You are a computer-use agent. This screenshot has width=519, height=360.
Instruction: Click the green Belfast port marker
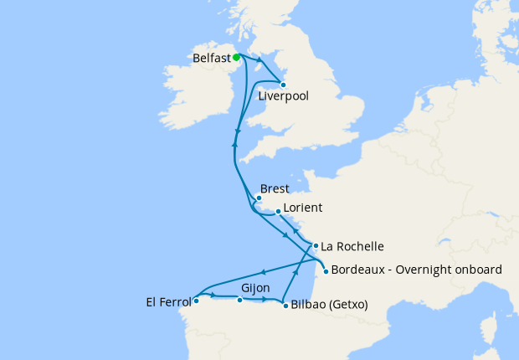pos(236,58)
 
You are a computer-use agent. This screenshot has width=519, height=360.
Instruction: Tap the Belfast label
pos(211,59)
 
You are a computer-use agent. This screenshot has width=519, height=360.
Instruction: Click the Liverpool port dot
pos(284,85)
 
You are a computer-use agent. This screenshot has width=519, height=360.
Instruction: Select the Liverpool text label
pos(283,96)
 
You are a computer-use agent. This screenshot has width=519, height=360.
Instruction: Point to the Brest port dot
pos(259,198)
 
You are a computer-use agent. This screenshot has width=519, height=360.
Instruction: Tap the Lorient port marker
pos(278,213)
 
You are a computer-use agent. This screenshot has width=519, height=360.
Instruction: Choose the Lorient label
pos(303,207)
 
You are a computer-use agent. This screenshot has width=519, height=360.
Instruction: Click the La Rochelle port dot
pos(316,246)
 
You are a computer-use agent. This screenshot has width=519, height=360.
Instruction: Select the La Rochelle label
pos(352,246)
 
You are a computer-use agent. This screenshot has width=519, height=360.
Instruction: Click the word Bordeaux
pos(360,270)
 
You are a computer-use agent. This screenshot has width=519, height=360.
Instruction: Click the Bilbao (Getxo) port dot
pos(285,305)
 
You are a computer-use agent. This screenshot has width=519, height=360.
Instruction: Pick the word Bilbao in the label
pos(308,305)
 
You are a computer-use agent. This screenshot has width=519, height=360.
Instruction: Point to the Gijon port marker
pos(240,300)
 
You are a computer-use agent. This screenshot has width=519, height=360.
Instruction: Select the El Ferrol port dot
pos(196,300)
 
